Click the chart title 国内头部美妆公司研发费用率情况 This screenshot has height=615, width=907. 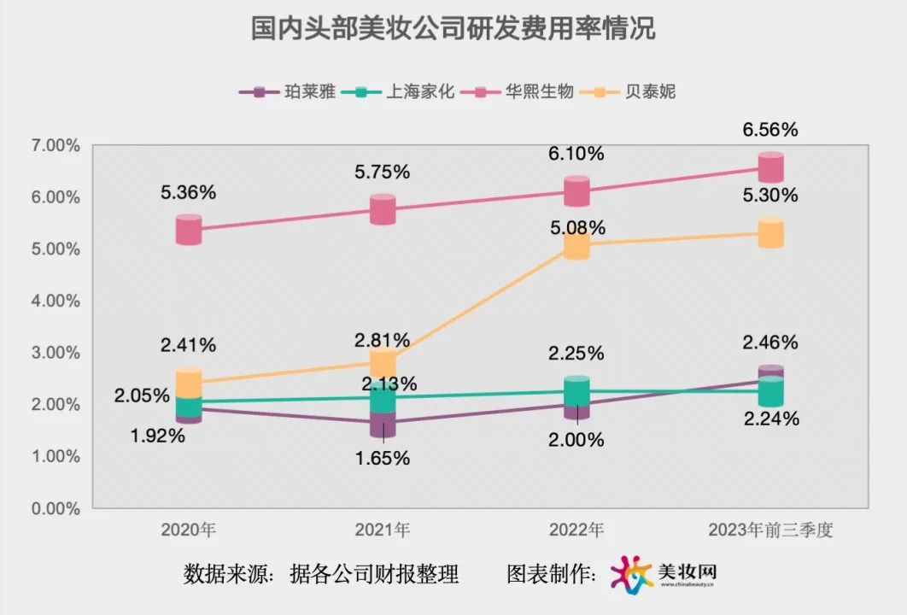pyautogui.click(x=453, y=29)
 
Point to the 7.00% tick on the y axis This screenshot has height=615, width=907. pyautogui.click(x=55, y=146)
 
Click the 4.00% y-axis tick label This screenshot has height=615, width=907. pyautogui.click(x=55, y=302)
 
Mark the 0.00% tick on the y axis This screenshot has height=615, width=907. pyautogui.click(x=55, y=508)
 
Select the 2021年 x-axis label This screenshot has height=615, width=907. pyautogui.click(x=383, y=530)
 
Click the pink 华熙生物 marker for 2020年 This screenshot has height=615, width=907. pyautogui.click(x=189, y=230)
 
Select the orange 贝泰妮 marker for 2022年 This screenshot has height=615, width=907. pyautogui.click(x=576, y=244)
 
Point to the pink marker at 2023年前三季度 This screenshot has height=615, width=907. pyautogui.click(x=771, y=167)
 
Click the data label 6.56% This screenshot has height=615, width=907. pyautogui.click(x=770, y=130)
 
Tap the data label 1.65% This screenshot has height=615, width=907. pyautogui.click(x=383, y=458)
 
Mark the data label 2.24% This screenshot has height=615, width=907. pyautogui.click(x=770, y=419)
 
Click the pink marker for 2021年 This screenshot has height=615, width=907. pyautogui.click(x=383, y=209)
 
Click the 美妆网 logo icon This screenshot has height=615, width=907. pyautogui.click(x=631, y=573)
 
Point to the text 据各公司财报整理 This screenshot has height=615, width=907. pyautogui.click(x=375, y=573)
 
